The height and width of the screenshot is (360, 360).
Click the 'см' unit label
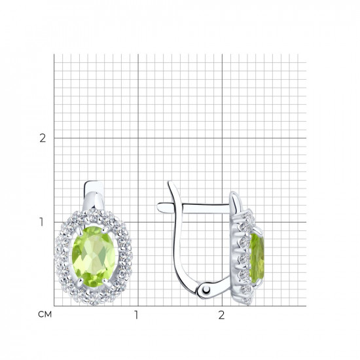click(45, 314)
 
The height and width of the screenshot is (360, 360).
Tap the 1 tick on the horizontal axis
click(136, 315)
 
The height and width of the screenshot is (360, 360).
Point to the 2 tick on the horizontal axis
click(221, 315)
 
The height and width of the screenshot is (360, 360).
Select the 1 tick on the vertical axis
click(41, 222)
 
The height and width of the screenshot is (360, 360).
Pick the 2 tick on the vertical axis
click(43, 138)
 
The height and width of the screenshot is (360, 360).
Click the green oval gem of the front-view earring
click(94, 257)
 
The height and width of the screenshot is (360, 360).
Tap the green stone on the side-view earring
click(257, 259)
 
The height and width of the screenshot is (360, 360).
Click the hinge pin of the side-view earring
click(207, 291)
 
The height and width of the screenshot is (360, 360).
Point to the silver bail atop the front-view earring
click(94, 195)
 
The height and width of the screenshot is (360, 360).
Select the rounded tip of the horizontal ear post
click(159, 207)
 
